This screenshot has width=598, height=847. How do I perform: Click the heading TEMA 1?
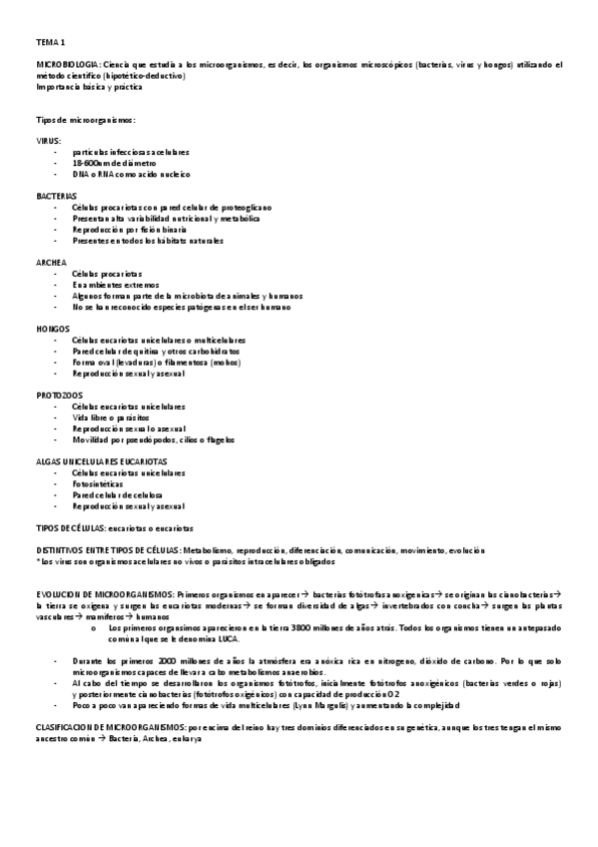50,41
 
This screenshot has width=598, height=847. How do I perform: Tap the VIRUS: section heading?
48,141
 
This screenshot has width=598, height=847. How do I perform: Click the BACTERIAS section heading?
56,196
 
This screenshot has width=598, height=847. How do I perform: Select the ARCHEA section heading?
51,262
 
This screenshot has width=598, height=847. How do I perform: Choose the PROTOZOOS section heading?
60,395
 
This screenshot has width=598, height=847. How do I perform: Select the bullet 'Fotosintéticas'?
102,483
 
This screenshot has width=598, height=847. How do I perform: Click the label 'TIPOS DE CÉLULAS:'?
70,526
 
